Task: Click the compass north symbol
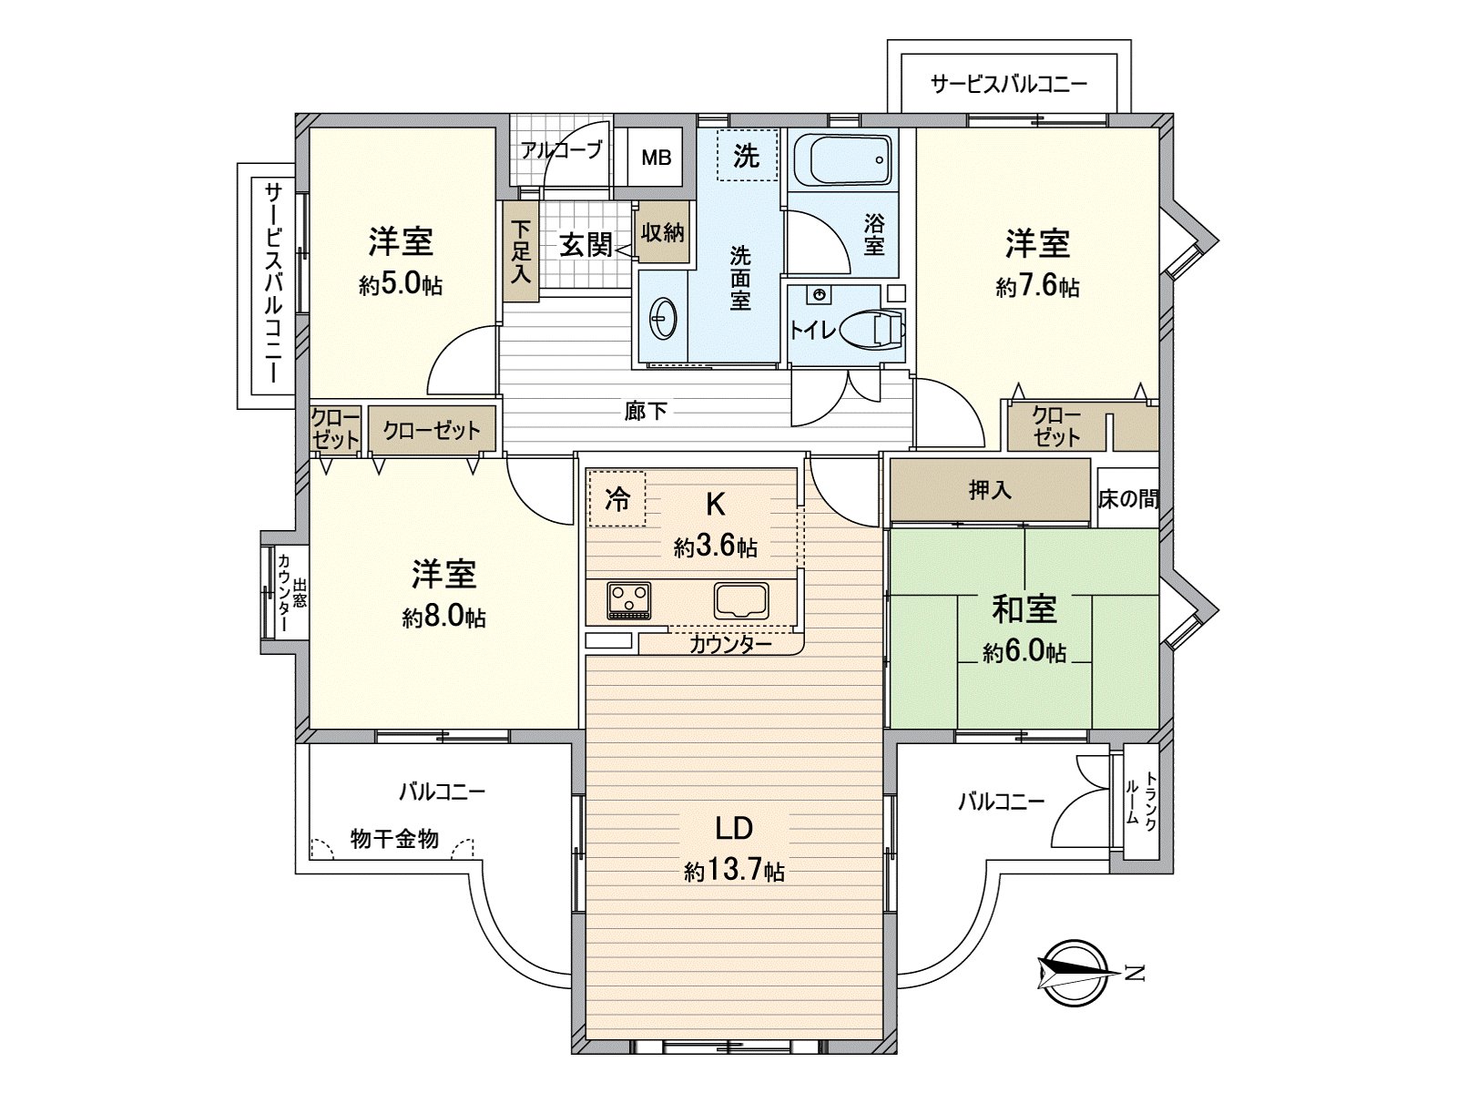(x=1078, y=973)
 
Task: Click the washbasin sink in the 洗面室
(x=662, y=320)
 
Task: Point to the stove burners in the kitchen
(x=628, y=599)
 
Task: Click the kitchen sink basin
(x=741, y=600)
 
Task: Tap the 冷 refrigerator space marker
(x=616, y=498)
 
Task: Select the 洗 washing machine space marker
(x=746, y=156)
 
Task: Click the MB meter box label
(x=656, y=158)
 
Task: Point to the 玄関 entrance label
(x=585, y=244)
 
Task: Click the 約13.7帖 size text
(x=734, y=872)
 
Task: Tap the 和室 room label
(x=1024, y=609)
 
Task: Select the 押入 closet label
(x=989, y=490)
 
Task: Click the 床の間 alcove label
(x=1128, y=498)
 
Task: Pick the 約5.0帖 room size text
(x=401, y=285)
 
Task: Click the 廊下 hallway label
(x=646, y=412)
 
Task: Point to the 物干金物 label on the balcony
(x=394, y=839)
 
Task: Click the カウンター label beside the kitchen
(x=730, y=645)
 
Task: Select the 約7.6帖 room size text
(x=1037, y=287)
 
